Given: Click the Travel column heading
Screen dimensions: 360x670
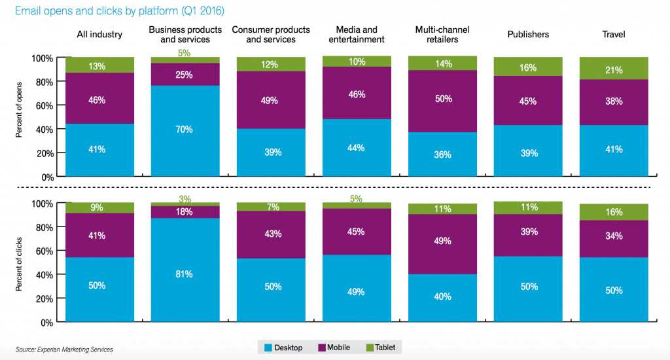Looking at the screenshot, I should pyautogui.click(x=613, y=34).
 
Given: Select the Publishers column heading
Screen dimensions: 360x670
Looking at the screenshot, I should pyautogui.click(x=528, y=34).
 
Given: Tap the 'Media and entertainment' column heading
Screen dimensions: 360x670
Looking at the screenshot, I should pyautogui.click(x=357, y=34).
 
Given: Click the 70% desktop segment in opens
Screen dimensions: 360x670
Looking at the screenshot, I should pyautogui.click(x=185, y=130).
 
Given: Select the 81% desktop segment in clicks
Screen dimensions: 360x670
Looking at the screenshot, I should pyautogui.click(x=185, y=274).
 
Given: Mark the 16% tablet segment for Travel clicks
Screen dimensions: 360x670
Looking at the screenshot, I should pyautogui.click(x=614, y=212).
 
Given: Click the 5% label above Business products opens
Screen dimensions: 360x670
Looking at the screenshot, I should pyautogui.click(x=185, y=53).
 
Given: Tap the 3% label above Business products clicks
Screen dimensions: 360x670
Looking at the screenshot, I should pyautogui.click(x=185, y=198).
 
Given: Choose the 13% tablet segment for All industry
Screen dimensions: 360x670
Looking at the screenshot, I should pyautogui.click(x=98, y=65).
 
